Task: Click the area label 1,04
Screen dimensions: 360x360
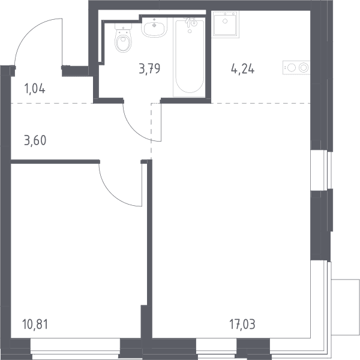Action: (35, 89)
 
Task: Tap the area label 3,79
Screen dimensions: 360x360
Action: (149, 69)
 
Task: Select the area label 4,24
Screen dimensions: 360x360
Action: (242, 69)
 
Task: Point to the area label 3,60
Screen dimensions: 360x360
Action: (35, 140)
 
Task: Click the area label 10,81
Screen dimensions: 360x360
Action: (35, 325)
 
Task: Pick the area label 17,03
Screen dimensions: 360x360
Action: (242, 325)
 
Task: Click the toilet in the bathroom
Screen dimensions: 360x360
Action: (123, 38)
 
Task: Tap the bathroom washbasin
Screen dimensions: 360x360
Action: (154, 28)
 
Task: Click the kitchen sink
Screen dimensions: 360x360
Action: (225, 25)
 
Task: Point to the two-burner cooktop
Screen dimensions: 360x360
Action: (296, 68)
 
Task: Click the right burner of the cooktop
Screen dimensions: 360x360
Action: (304, 68)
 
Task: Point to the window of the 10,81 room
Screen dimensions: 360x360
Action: (76, 349)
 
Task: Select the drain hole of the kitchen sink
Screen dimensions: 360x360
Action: (225, 22)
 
